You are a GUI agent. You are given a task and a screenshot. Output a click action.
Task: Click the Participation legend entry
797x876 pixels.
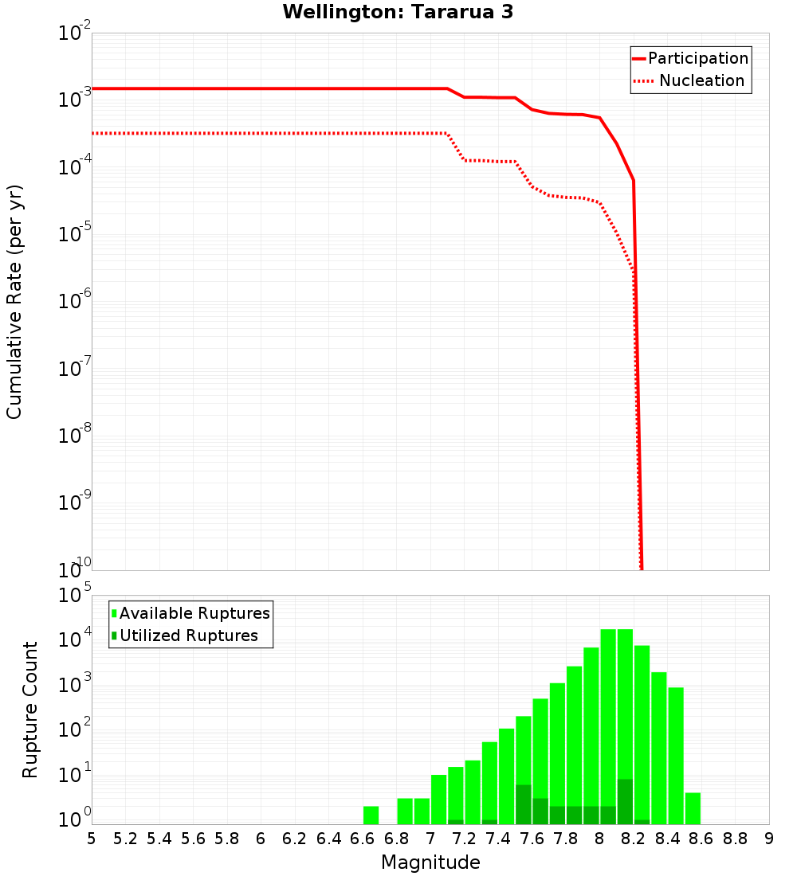point(697,58)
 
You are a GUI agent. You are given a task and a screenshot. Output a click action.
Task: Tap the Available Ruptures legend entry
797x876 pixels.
point(194,613)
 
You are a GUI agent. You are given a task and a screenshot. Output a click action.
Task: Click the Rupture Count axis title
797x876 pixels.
point(30,709)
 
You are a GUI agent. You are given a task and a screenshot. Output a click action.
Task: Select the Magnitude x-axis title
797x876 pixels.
point(430,862)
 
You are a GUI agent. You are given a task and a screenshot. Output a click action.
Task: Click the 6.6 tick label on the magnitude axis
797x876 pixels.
point(363,839)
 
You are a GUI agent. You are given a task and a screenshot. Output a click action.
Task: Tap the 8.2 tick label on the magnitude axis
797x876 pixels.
point(634,839)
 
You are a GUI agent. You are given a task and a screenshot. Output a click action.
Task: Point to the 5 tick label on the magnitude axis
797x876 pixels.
point(92,839)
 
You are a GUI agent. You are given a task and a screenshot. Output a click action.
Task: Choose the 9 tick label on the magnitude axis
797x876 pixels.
point(769,839)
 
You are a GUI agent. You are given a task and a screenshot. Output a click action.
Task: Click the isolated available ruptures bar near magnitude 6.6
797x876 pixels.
point(371,815)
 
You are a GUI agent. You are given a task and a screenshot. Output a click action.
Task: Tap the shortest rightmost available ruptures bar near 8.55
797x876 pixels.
point(693,808)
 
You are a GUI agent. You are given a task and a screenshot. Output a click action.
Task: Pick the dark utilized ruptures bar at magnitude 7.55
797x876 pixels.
point(524,804)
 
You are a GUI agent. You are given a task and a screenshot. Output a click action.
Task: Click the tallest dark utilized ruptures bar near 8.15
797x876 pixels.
point(625,801)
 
